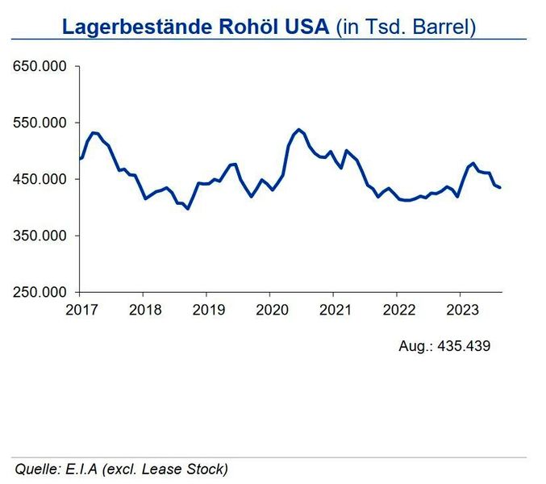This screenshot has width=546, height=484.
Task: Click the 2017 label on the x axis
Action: tap(80, 309)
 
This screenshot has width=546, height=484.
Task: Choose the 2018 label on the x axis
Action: tap(143, 309)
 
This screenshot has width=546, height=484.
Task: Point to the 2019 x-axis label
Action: tap(206, 309)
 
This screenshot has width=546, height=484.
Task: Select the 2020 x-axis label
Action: tap(269, 309)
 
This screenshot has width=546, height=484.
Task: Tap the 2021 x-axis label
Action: tap(333, 309)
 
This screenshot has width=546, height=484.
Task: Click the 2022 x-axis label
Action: tap(396, 309)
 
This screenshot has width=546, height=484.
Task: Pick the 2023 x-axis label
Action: tap(459, 309)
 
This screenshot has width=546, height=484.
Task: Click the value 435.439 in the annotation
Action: tap(463, 346)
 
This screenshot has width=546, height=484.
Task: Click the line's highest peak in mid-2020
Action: tap(298, 129)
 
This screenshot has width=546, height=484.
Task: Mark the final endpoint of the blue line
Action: tap(500, 188)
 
